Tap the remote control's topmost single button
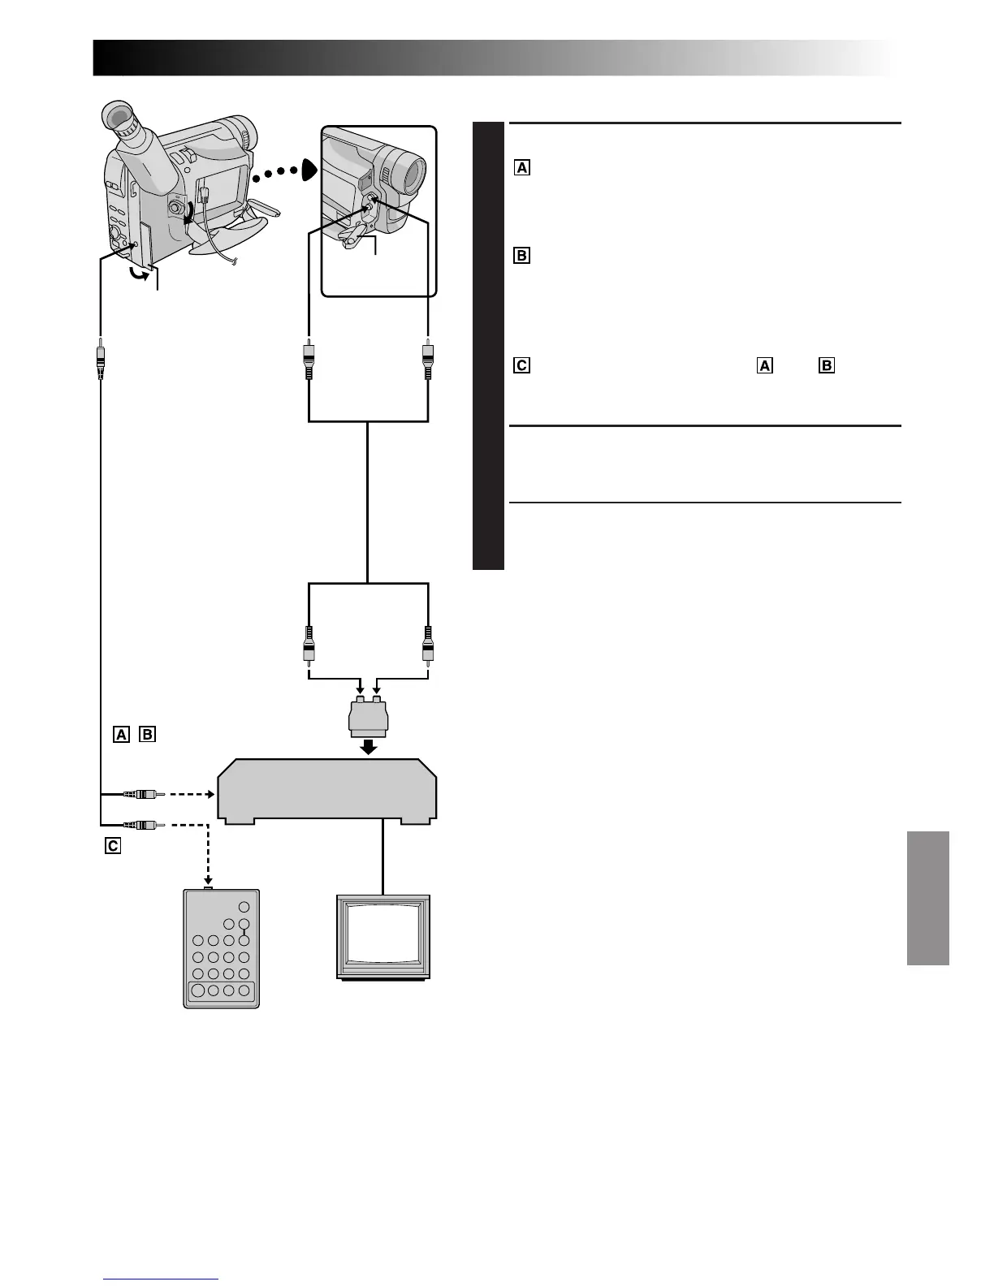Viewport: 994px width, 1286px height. pos(244,907)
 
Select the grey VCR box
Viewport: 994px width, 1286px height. pos(326,792)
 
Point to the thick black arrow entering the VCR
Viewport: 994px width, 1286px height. pos(369,747)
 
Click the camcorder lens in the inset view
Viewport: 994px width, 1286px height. pos(411,171)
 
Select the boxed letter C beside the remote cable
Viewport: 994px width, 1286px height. pos(112,846)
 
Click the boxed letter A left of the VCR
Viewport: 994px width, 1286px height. pos(121,735)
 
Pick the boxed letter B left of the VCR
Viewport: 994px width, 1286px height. pos(147,735)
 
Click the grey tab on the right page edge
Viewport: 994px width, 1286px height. pos(927,898)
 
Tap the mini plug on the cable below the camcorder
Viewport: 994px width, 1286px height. pos(101,360)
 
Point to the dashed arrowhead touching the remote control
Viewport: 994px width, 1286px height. pos(209,883)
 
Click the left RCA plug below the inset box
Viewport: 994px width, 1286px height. pos(309,360)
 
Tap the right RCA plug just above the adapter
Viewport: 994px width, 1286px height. pos(427,645)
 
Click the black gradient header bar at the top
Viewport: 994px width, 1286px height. pos(487,58)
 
